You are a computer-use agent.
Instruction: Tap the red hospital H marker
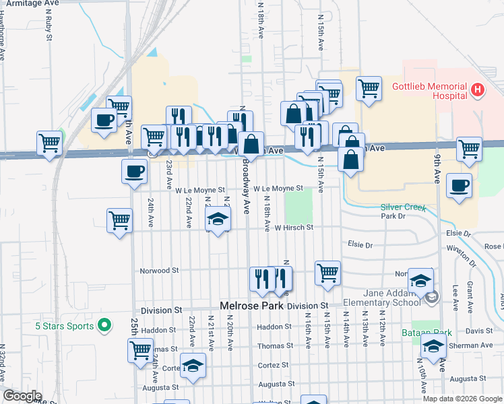click(x=478, y=89)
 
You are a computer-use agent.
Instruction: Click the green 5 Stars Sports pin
click(x=103, y=327)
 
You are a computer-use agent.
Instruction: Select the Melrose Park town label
click(x=253, y=305)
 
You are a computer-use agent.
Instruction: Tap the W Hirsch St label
click(x=294, y=228)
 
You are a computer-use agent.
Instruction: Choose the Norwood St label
click(x=159, y=271)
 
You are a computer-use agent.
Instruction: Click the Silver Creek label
click(x=404, y=207)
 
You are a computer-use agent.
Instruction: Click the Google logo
click(x=22, y=395)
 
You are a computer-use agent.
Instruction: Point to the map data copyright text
click(x=463, y=399)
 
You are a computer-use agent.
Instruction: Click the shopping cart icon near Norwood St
click(x=327, y=273)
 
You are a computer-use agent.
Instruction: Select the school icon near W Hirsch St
click(x=218, y=219)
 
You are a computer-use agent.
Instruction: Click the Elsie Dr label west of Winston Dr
click(x=360, y=246)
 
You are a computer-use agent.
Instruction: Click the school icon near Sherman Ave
click(x=433, y=346)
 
